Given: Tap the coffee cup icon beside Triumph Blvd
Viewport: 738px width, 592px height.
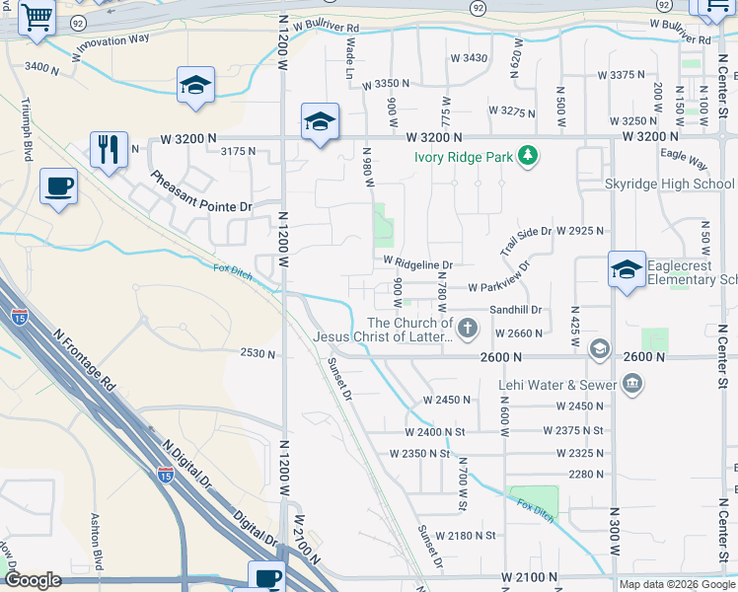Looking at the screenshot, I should pos(58,185).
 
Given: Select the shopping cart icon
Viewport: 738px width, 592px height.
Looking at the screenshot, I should pos(37,18).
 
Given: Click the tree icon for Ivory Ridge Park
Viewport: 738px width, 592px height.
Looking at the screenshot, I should pos(529,155).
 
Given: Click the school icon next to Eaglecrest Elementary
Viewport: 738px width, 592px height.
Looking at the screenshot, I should pos(627,269).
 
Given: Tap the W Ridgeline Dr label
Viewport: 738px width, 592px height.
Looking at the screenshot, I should pos(418,264).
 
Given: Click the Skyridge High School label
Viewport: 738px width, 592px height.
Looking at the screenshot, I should pos(670,185).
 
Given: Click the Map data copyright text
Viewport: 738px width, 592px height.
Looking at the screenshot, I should pos(676,584).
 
